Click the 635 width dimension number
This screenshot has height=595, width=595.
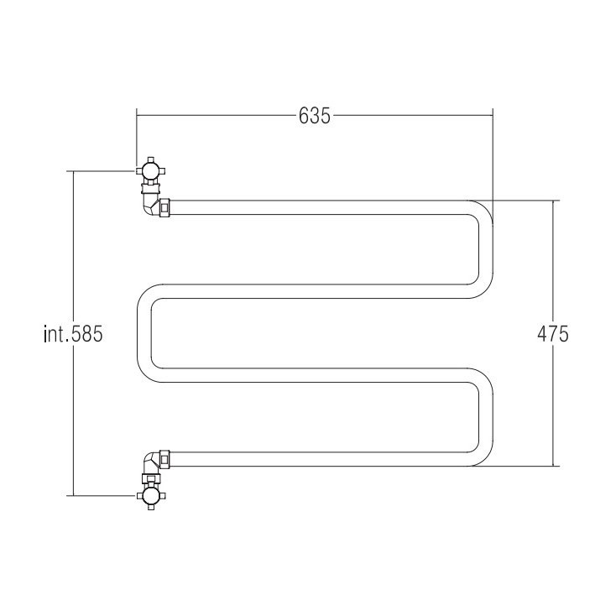[314, 115]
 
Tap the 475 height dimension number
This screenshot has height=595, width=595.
[553, 334]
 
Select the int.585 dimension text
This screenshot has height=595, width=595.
[73, 334]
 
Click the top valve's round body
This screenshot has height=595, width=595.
[151, 170]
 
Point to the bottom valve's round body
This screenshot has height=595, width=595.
[151, 495]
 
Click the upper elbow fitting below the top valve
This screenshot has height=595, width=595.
[150, 204]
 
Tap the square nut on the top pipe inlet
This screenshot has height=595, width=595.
[164, 207]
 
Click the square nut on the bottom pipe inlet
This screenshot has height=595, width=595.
[164, 459]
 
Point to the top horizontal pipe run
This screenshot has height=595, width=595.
[319, 207]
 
